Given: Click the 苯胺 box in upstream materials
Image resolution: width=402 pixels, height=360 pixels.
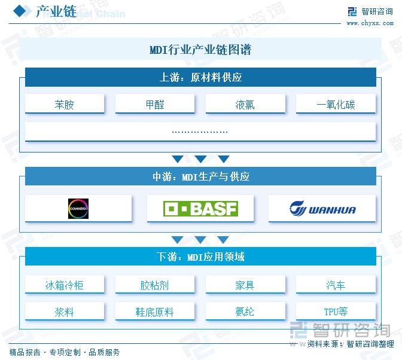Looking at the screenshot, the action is (x=65, y=103).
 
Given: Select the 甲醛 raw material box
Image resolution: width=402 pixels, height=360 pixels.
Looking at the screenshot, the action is (x=155, y=103).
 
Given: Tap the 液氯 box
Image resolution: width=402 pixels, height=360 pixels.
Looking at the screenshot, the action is (x=245, y=103).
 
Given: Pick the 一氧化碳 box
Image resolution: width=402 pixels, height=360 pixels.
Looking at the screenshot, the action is (x=336, y=103).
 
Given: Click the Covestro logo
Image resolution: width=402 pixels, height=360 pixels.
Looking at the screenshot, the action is (x=78, y=209).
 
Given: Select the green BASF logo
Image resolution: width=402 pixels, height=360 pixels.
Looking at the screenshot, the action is (x=200, y=209).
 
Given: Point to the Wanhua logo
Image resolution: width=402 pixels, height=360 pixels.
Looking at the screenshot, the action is (x=322, y=208).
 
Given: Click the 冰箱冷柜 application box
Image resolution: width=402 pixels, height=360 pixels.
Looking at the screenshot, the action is (x=65, y=284).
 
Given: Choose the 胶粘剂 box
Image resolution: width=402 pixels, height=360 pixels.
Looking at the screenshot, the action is (x=155, y=284).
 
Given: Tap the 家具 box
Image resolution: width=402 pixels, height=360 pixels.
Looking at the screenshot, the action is (x=245, y=284).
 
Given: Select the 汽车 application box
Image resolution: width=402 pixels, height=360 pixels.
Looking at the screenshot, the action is (x=336, y=284).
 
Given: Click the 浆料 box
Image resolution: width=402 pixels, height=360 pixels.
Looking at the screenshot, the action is (x=65, y=311).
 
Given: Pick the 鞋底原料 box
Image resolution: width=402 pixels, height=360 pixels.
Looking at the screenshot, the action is (x=155, y=311).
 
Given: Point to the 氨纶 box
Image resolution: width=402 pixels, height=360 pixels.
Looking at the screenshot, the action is (x=245, y=311).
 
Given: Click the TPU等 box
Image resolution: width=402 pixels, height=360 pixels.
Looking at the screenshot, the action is (x=336, y=311).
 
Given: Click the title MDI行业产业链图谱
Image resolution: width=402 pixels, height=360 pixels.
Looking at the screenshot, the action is (x=200, y=50).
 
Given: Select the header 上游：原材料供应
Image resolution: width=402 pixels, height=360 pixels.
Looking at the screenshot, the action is (x=200, y=77).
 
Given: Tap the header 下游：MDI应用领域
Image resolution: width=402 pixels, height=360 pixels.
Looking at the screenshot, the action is (x=200, y=256).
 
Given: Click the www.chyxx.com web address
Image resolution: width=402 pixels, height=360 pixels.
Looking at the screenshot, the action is (x=370, y=23).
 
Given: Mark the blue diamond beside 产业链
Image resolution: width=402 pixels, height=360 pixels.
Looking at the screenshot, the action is (x=20, y=11).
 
